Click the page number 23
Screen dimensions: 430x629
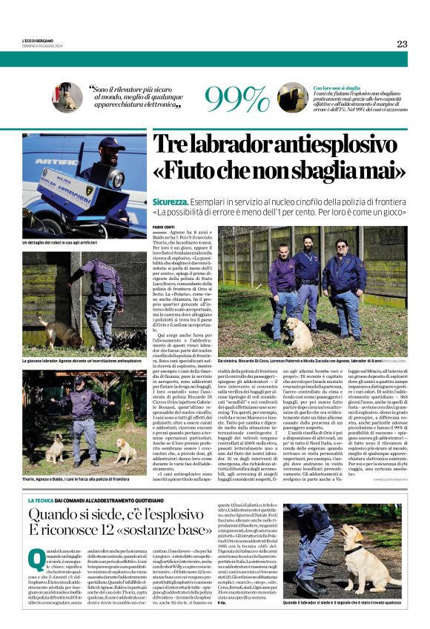pyautogui.click(x=402, y=44)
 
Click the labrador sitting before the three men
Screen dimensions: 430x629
pyautogui.click(x=305, y=333)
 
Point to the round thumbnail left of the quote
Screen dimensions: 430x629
pyautogui.click(x=67, y=97)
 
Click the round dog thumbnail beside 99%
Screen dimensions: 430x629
pyautogui.click(x=293, y=98)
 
